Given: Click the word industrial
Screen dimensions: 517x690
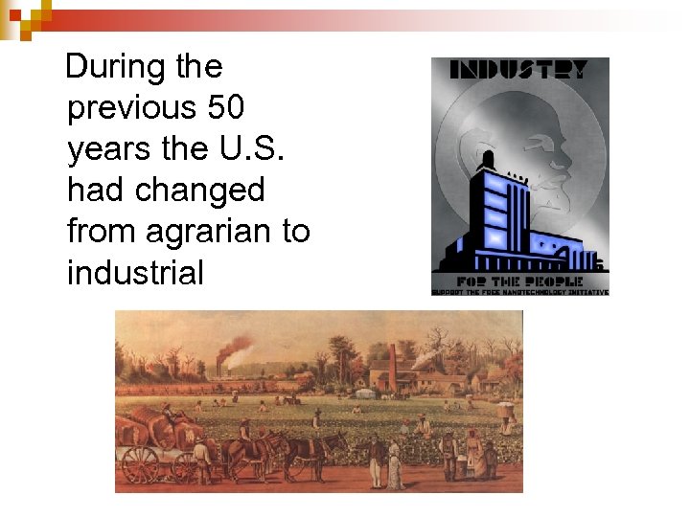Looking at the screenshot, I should point(135,274).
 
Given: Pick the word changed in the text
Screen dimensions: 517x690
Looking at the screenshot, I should point(200,191).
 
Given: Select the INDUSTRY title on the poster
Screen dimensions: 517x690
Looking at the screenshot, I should point(519,71).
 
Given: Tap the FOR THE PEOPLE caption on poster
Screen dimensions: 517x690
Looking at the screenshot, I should point(518,281).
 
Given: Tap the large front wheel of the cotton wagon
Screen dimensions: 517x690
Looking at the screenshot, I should point(140,465).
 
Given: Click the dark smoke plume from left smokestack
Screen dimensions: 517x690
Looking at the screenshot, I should point(236,348).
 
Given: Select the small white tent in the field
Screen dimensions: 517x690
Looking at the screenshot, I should point(365,393).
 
